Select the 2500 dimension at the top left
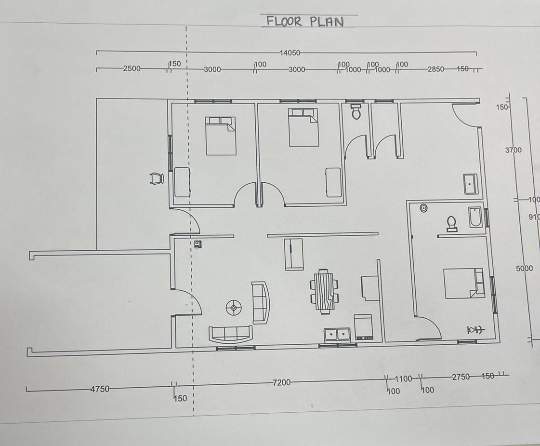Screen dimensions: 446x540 pyautogui.click(x=132, y=68)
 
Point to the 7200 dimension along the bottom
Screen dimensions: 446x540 pyautogui.click(x=281, y=382)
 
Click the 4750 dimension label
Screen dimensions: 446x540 pyautogui.click(x=100, y=389)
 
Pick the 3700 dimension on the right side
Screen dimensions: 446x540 pyautogui.click(x=513, y=150)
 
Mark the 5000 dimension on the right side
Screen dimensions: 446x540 pyautogui.click(x=524, y=268)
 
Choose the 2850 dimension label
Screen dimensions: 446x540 pyautogui.click(x=435, y=69)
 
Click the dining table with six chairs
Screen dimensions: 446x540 pyautogui.click(x=324, y=291)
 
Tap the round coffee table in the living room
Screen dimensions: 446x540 pyautogui.click(x=235, y=307)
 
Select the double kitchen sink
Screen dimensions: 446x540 pyautogui.click(x=337, y=334)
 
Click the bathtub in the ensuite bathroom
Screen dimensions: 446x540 pyautogui.click(x=475, y=217)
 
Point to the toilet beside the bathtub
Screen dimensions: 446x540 pyautogui.click(x=451, y=223)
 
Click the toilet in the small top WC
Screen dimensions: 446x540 pyautogui.click(x=356, y=111)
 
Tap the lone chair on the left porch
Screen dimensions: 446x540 pyautogui.click(x=157, y=178)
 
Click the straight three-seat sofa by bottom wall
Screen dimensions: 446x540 pyautogui.click(x=230, y=333)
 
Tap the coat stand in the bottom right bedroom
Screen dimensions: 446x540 pyautogui.click(x=475, y=330)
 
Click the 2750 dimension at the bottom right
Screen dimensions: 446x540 pyautogui.click(x=461, y=377)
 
